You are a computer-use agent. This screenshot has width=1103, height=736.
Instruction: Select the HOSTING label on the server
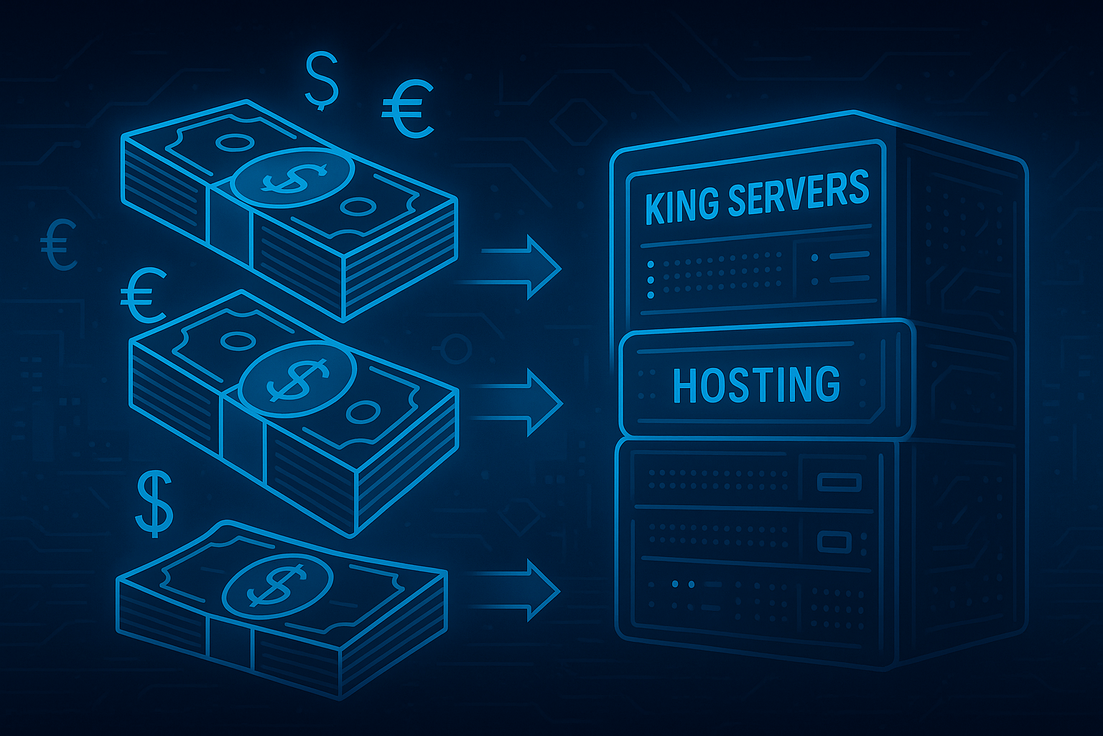pos(756,385)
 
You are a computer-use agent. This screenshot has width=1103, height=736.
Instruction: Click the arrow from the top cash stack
pos(523,267)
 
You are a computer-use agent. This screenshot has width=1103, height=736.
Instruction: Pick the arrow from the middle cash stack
pos(523,402)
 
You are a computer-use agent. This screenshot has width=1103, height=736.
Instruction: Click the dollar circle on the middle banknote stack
pos(297,379)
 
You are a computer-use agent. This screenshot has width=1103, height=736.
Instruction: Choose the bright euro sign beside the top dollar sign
pos(407,109)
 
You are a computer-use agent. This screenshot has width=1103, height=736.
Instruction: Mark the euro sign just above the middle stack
pos(144,295)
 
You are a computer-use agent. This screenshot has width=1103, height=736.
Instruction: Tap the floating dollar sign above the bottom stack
pos(154,504)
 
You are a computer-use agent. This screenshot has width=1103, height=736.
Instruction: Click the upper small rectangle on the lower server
pos(839,482)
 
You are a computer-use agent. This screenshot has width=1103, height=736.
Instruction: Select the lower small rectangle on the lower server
pos(834,541)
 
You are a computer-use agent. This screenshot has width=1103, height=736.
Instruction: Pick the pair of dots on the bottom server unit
pos(683,584)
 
